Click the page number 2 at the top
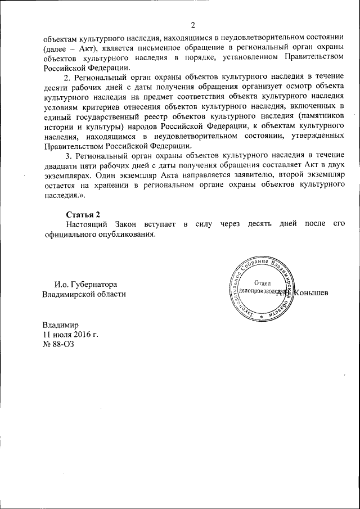(192, 25)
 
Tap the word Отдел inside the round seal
(263, 282)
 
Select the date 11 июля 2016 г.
(70, 334)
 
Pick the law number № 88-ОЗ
(58, 344)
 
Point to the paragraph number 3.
(68, 156)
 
